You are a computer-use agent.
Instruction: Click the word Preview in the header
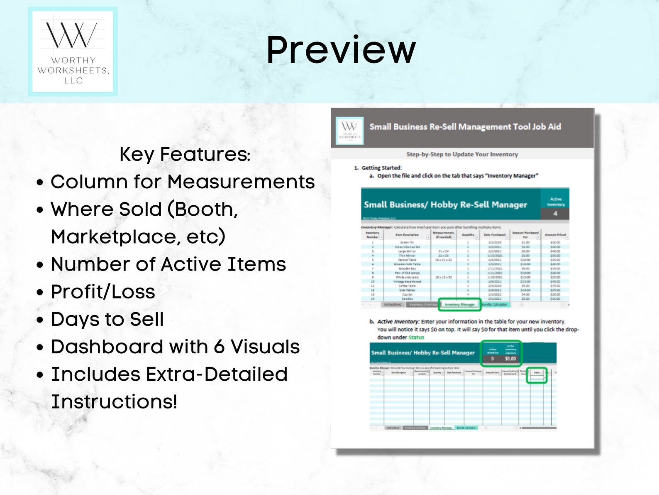coord(340,50)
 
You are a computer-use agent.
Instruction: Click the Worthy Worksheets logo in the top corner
coord(73,52)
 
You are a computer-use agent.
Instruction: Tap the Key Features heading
coord(185,154)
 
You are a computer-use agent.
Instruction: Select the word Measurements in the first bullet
coord(241,182)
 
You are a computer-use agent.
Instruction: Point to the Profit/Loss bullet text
coord(103,292)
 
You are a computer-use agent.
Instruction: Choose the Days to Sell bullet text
coord(107,319)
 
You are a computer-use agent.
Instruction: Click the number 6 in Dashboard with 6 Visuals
coord(220,347)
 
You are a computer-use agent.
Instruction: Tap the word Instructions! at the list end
coord(114,402)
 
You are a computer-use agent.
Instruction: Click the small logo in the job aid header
coord(349,131)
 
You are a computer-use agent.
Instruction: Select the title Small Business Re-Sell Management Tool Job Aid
coord(465,127)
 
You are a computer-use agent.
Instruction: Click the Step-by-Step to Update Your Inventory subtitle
coord(462,154)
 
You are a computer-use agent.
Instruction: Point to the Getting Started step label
coord(381,168)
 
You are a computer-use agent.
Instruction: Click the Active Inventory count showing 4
coord(555,214)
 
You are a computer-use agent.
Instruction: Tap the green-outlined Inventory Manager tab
coord(459,304)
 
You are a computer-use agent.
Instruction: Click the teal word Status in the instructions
coord(416,337)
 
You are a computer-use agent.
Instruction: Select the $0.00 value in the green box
coord(510,358)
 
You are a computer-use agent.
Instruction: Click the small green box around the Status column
coord(537,375)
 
